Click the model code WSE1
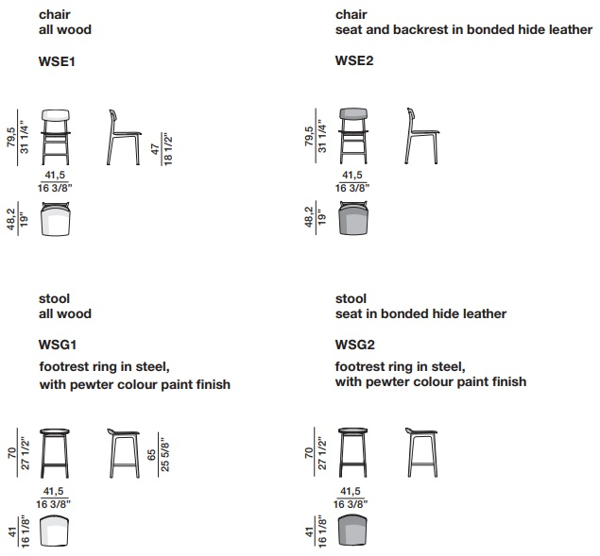pos(57,61)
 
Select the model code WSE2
pos(354,60)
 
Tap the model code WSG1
pos(58,345)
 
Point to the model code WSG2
pos(355,345)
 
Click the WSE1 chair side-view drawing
pos(124,137)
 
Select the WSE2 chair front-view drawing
pos(353,136)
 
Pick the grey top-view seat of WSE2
pos(353,218)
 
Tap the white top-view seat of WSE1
pos(56,219)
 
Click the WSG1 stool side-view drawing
pos(124,453)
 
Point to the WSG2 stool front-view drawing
pos(352,453)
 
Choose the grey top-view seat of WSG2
pos(352,531)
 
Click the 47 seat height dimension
pos(155,149)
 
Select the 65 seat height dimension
pos(151,455)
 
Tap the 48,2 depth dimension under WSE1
pos(10,219)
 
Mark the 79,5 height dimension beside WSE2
pos(309,136)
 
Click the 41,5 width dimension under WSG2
pos(351,491)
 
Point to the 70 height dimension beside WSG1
pos(12,453)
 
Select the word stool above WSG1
pos(55,298)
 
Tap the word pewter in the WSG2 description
pos(387,381)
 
